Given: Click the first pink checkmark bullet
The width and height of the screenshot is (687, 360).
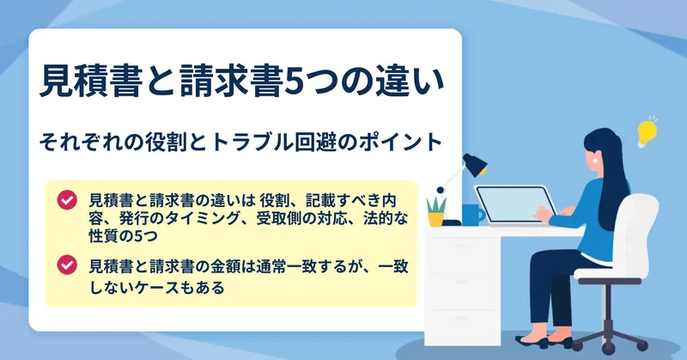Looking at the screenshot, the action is click(x=67, y=200).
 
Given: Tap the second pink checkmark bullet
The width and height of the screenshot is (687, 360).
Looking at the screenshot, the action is click(x=67, y=265).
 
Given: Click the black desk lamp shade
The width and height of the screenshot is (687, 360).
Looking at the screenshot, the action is click(x=476, y=164).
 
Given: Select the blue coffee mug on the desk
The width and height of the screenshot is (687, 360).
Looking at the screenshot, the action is click(x=473, y=215).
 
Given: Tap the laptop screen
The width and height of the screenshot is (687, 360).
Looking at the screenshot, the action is click(x=515, y=204).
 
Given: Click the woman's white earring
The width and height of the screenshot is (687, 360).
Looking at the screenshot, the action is click(x=594, y=161).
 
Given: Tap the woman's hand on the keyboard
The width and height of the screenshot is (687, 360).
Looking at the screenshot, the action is click(x=544, y=215).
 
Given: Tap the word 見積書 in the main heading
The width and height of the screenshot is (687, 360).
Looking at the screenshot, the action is click(x=89, y=81).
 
